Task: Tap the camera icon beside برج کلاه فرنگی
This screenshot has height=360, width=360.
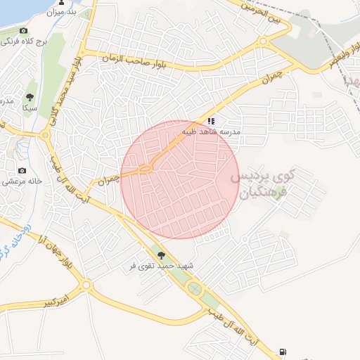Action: coord(23,31)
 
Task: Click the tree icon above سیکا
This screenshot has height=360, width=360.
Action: coord(30,97)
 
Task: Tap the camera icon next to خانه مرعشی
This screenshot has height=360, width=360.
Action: coord(22,170)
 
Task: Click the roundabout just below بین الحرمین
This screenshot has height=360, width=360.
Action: coord(263,41)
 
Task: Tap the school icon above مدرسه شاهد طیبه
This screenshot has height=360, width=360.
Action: coord(211,121)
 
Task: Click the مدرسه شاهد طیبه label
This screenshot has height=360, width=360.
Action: coord(212,131)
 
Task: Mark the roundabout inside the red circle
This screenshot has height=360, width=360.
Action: coord(146,168)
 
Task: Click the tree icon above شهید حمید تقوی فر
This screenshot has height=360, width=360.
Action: coord(162,256)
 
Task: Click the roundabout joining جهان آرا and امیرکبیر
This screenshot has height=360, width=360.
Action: coord(86,285)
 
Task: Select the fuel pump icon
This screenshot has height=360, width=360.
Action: coord(283,352)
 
